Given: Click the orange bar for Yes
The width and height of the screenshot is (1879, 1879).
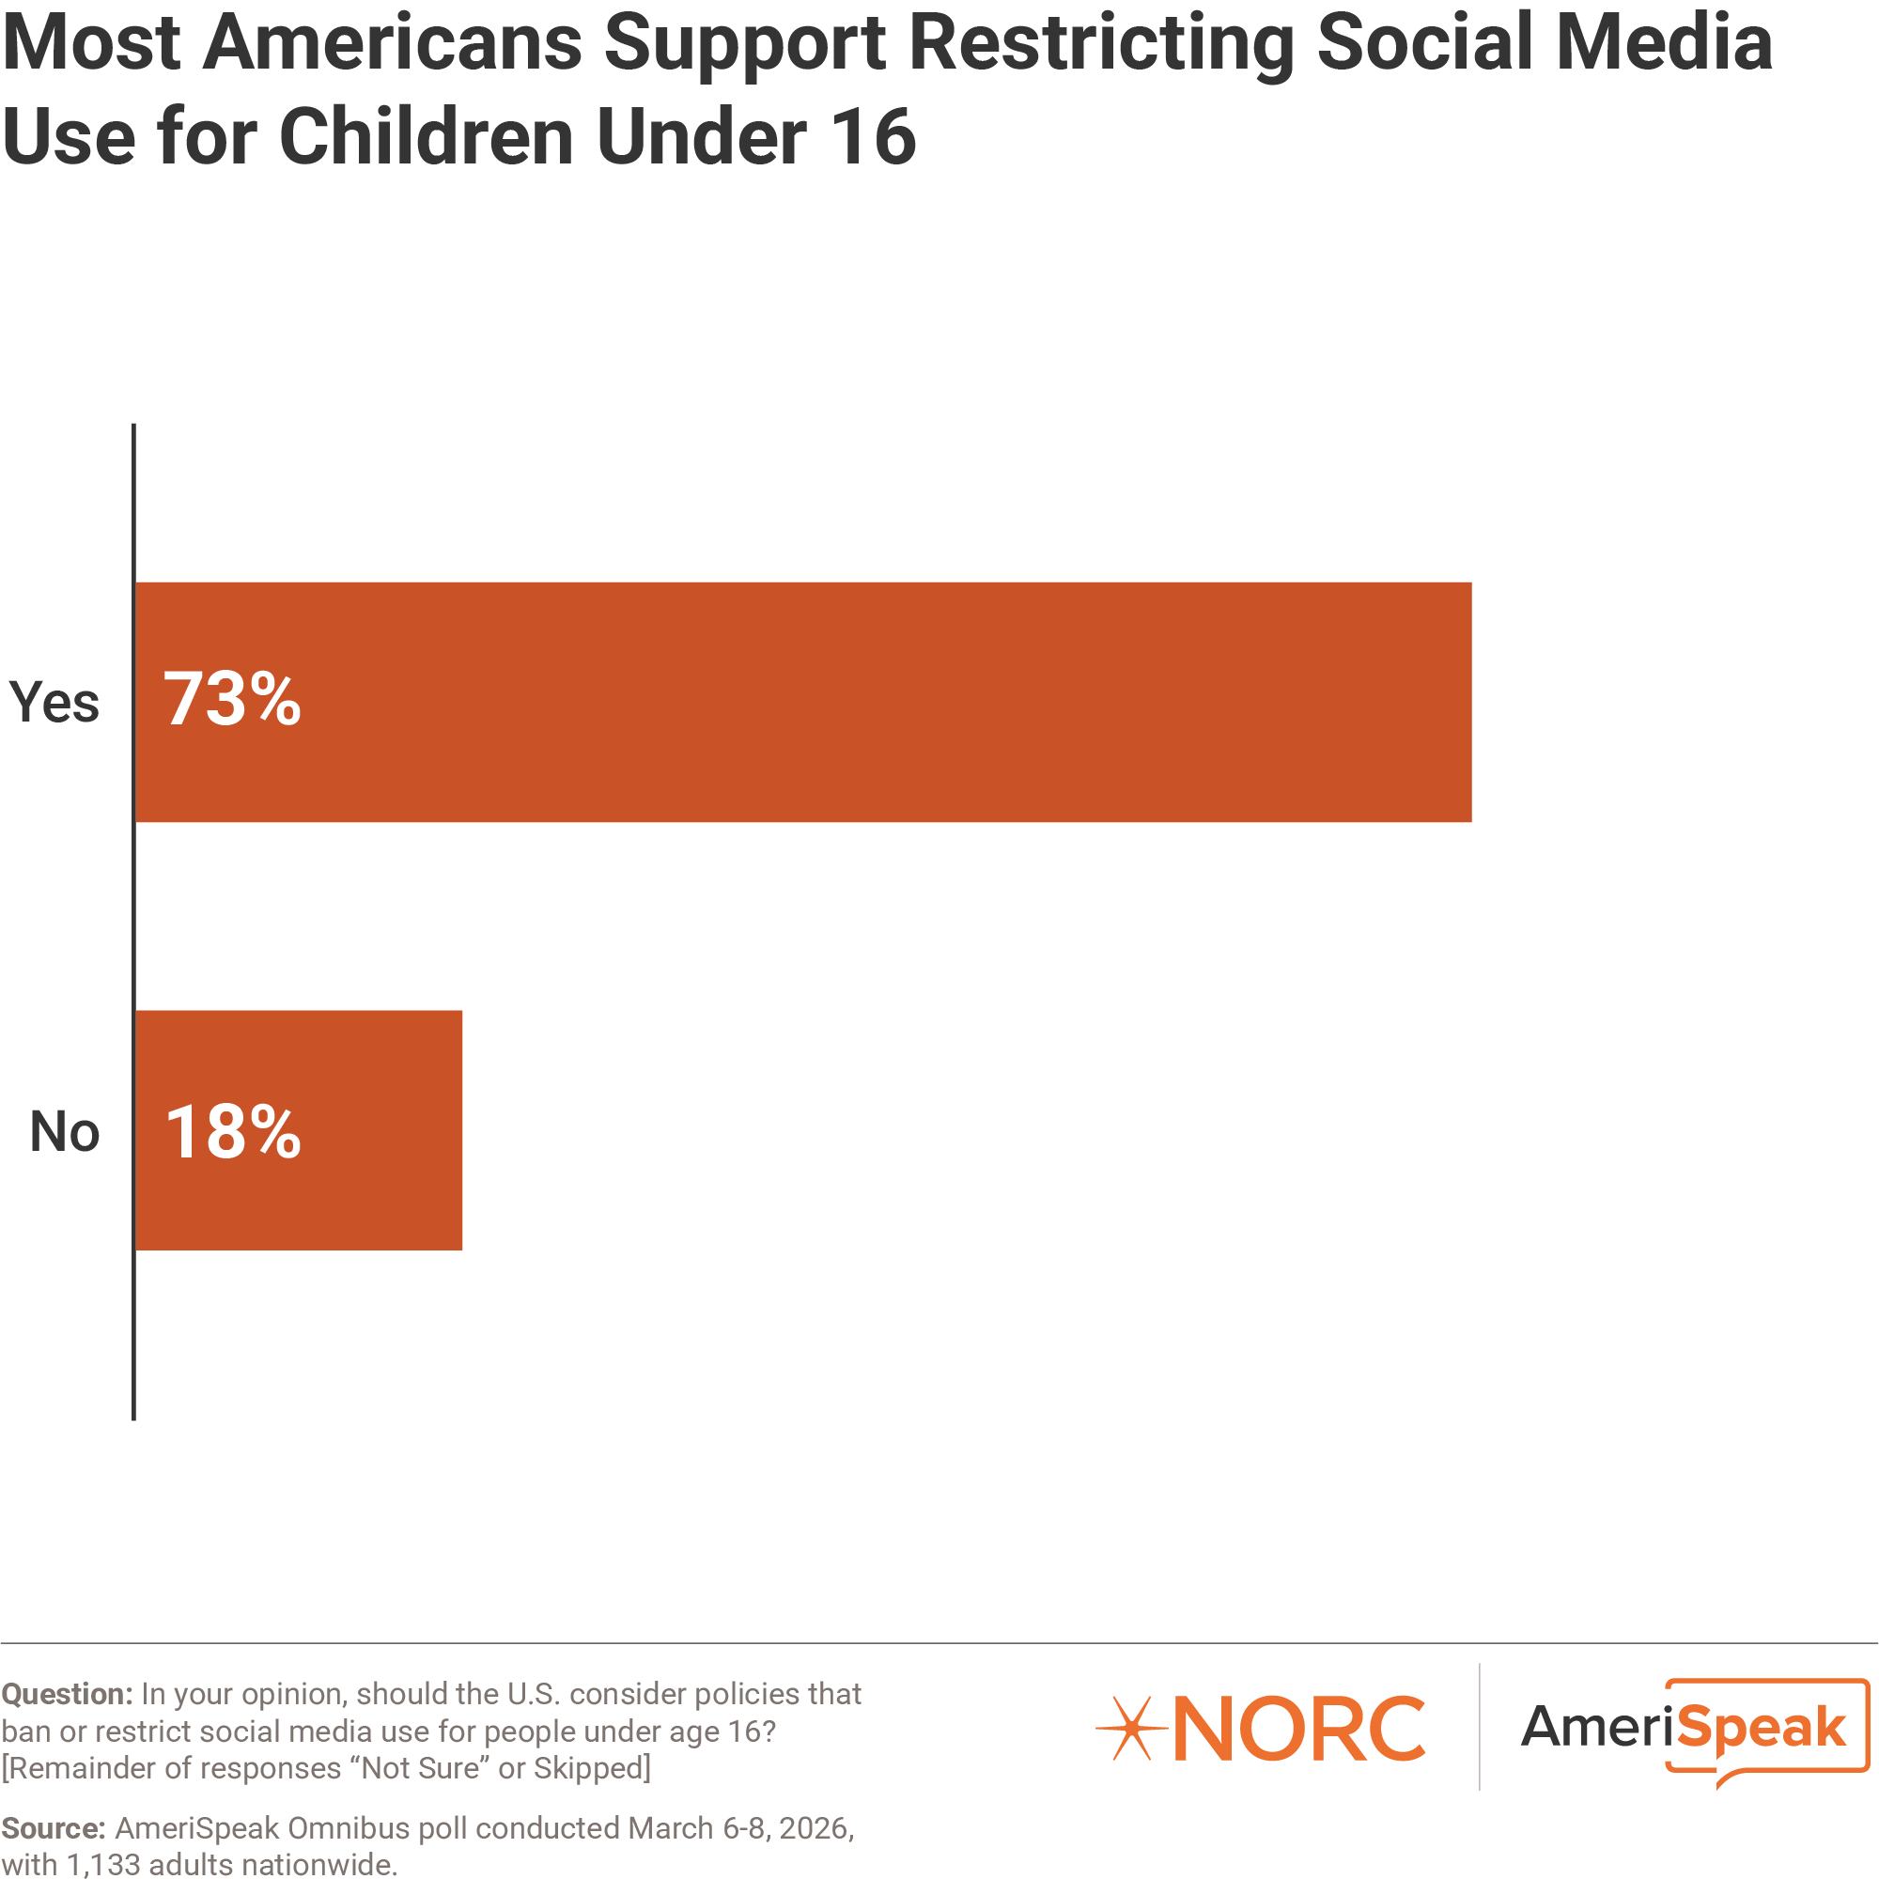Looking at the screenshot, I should tap(802, 702).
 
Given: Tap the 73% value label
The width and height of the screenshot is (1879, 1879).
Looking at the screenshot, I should tap(232, 699).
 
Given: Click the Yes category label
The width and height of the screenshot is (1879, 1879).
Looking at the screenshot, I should tap(54, 702).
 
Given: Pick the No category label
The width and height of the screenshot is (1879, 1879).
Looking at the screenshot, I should tap(64, 1131).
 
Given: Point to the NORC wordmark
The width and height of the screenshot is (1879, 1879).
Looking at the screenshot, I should tap(1298, 1729).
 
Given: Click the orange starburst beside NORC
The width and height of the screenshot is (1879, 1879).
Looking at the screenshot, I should tap(1131, 1729).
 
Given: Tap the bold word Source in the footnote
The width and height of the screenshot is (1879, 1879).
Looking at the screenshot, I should tap(53, 1828).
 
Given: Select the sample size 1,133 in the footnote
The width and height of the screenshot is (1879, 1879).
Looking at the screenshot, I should tap(102, 1864).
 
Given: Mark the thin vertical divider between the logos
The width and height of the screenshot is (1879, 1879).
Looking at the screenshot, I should tap(1480, 1726).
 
